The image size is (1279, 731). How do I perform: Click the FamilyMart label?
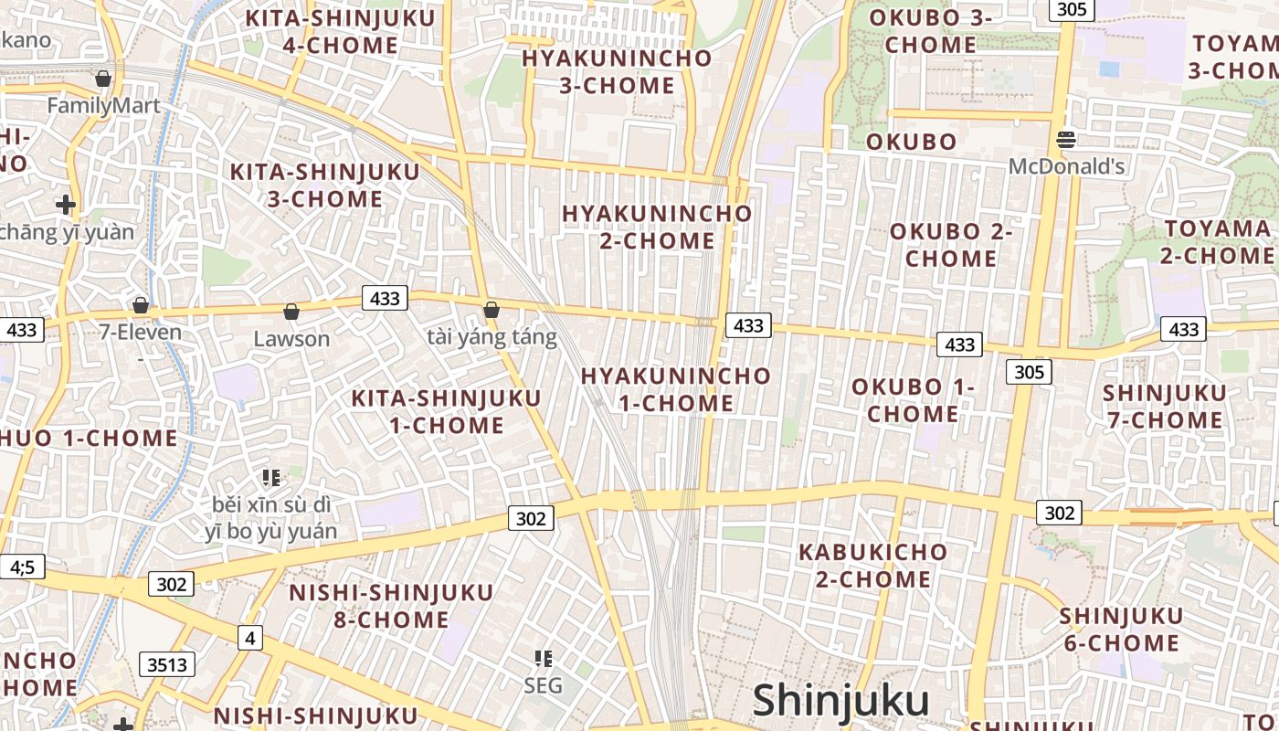pyautogui.click(x=103, y=106)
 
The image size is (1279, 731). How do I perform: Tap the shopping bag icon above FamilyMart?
pyautogui.click(x=103, y=79)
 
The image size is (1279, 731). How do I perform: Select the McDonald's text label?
pyautogui.click(x=1066, y=166)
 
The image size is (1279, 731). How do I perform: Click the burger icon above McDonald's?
pyautogui.click(x=1065, y=140)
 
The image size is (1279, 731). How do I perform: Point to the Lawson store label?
pyautogui.click(x=291, y=339)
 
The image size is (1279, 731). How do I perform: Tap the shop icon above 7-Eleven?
pyautogui.click(x=141, y=304)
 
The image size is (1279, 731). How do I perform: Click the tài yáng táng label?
pyautogui.click(x=492, y=337)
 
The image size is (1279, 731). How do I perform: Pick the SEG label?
pyautogui.click(x=544, y=684)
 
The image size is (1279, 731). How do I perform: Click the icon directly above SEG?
pyautogui.click(x=544, y=658)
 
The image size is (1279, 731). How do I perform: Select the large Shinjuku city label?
pyautogui.click(x=840, y=701)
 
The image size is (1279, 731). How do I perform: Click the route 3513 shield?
pyautogui.click(x=167, y=664)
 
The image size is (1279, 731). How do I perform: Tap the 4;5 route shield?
pyautogui.click(x=22, y=567)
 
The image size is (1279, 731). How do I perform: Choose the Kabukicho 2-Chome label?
pyautogui.click(x=872, y=566)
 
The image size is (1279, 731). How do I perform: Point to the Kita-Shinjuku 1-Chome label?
pyautogui.click(x=447, y=411)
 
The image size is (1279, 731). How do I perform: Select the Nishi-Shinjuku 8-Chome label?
pyautogui.click(x=391, y=606)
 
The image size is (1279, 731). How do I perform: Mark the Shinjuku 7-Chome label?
pyautogui.click(x=1165, y=407)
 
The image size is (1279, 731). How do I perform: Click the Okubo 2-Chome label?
pyautogui.click(x=951, y=245)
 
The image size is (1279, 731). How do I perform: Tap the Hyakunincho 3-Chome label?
pyautogui.click(x=617, y=71)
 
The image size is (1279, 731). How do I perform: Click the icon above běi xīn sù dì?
pyautogui.click(x=270, y=477)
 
